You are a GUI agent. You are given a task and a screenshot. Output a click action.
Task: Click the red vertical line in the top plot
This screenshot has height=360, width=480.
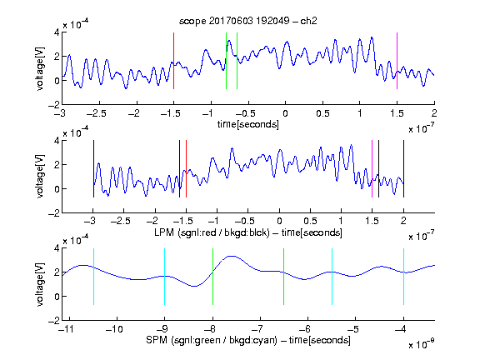173,61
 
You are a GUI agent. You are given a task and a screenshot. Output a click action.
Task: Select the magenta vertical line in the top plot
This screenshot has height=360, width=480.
397,61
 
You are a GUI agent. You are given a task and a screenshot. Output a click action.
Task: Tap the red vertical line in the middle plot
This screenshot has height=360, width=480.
186,168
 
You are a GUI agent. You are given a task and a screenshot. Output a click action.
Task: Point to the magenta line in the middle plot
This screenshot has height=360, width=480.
372,168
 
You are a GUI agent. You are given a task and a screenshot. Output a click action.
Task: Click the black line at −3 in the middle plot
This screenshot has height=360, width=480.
93,168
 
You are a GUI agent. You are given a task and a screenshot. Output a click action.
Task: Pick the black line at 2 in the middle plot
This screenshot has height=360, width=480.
403,168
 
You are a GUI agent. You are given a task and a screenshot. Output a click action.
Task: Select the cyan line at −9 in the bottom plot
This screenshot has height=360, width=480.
165,277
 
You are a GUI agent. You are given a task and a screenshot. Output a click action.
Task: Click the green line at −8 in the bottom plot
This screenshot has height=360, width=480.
212,277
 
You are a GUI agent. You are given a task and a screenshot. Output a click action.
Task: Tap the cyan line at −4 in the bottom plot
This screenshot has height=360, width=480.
403,277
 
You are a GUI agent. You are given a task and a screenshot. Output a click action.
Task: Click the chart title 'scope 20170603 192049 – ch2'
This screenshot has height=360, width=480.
247,21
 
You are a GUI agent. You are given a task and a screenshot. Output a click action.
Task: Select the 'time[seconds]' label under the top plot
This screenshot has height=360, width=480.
248,124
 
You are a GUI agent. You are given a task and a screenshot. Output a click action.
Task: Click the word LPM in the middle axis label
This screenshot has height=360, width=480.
164,232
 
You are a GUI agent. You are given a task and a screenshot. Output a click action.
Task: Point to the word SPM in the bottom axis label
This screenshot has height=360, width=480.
157,340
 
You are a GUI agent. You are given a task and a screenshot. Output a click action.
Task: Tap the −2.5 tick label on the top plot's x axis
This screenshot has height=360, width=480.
96,113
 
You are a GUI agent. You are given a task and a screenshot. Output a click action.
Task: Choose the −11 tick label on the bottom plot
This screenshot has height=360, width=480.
66,329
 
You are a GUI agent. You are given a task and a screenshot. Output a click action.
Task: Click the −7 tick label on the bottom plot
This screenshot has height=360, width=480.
259,329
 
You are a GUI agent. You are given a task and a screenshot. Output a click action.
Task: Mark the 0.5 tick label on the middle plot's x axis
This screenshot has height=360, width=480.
310,221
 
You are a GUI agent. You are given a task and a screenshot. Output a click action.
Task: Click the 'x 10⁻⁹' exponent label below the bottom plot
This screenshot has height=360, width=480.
421,344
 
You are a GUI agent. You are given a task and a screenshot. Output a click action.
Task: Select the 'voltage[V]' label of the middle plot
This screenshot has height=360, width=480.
40,177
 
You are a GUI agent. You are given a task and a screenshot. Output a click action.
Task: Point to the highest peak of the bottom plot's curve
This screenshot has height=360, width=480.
232,256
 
